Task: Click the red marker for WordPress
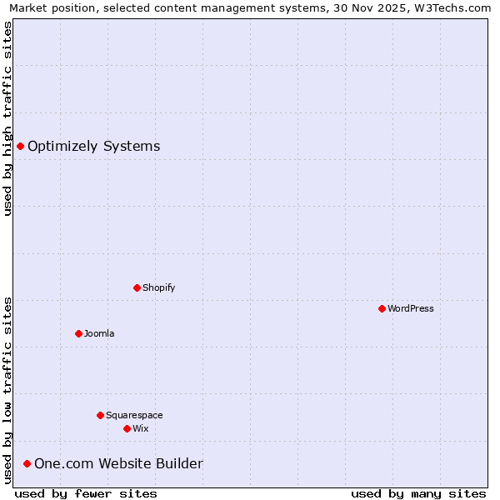[382, 308]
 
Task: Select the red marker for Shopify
[137, 287]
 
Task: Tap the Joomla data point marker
[78, 333]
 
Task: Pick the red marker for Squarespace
[100, 415]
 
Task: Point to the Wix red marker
[127, 428]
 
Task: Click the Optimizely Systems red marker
[20, 147]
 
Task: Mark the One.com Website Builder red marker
[27, 463]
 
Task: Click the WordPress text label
[411, 308]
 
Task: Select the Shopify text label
[159, 287]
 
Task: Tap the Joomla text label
[99, 333]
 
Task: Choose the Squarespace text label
[134, 415]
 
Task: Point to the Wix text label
[141, 428]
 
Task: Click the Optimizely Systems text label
[94, 147]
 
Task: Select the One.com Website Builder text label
[118, 463]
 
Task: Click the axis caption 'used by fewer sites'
[86, 493]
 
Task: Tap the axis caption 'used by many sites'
[418, 493]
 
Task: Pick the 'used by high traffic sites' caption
[7, 118]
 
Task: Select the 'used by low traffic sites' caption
[7, 390]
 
